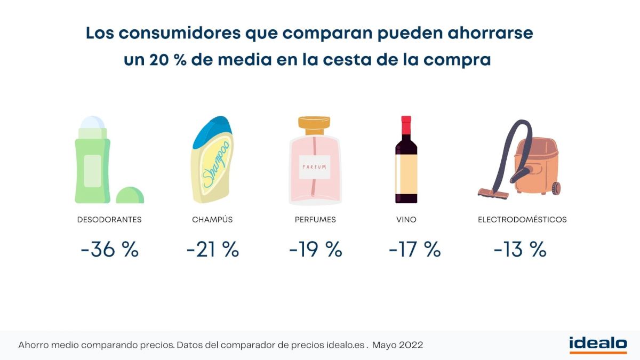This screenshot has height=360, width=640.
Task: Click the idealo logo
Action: (x=598, y=345)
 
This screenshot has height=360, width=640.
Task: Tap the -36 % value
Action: (x=109, y=250)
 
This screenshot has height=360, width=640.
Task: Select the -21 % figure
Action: (x=212, y=250)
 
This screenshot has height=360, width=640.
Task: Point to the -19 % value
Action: (x=315, y=250)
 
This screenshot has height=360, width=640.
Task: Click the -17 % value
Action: (x=414, y=250)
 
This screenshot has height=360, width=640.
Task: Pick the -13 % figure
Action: (x=520, y=250)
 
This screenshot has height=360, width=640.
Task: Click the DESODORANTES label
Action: (x=109, y=220)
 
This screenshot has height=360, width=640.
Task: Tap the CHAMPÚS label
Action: (x=212, y=220)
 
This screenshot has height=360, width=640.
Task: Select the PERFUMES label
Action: (x=315, y=220)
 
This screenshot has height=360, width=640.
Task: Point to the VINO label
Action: (x=406, y=220)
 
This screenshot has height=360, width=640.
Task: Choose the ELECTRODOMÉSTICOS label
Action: (x=522, y=220)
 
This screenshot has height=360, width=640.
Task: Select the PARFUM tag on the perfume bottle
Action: (x=315, y=167)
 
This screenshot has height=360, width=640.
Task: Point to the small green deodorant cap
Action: (x=130, y=195)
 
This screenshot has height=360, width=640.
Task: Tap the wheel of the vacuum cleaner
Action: (x=557, y=187)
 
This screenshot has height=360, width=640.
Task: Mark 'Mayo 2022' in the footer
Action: (x=398, y=345)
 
